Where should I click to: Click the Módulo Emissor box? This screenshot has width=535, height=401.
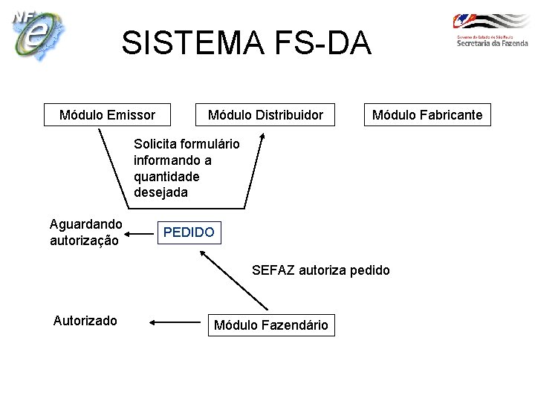(x=107, y=114)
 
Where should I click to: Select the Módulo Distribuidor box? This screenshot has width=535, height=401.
(x=265, y=114)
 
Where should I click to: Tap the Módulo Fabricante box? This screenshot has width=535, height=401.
(x=427, y=114)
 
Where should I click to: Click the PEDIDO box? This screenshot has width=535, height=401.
(x=189, y=232)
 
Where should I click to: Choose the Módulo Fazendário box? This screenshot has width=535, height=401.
(x=270, y=325)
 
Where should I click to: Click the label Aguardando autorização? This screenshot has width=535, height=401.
(x=85, y=232)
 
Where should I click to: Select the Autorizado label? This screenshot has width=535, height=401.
(x=85, y=321)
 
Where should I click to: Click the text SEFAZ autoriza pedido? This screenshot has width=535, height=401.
(x=320, y=270)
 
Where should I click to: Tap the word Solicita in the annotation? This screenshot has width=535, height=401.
(x=155, y=144)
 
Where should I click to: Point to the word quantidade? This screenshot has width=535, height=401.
(x=166, y=177)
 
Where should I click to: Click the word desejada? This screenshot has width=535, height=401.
(x=160, y=193)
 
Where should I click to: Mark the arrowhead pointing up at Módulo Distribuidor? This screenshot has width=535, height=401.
(x=262, y=139)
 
